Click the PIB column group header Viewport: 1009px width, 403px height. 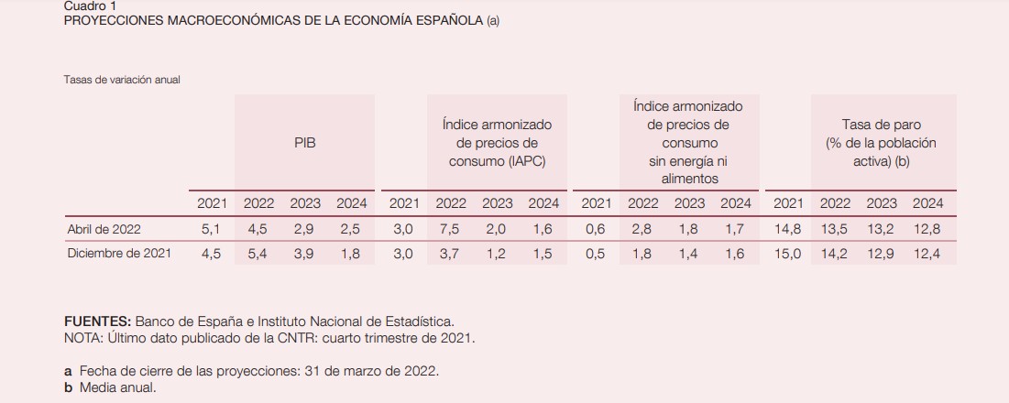[x=304, y=143]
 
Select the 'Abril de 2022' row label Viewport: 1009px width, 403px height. [x=104, y=229]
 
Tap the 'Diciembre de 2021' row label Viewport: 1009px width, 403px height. [x=119, y=254]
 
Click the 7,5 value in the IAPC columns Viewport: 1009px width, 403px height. [x=449, y=229]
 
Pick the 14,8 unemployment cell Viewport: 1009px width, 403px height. [x=787, y=229]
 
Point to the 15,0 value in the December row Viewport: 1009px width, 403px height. [x=787, y=254]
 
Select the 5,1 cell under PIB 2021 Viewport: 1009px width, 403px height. [x=211, y=229]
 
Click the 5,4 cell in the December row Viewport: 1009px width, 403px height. [x=258, y=254]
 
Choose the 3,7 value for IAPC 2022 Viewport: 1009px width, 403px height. [x=449, y=254]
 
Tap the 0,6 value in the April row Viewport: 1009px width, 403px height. [x=596, y=229]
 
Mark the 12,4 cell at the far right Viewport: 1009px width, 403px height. [x=927, y=254]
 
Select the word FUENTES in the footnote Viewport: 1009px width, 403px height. [x=97, y=321]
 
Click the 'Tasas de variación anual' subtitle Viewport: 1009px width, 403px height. [x=122, y=80]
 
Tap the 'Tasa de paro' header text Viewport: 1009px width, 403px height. [x=881, y=125]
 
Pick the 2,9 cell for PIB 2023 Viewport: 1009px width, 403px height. [x=304, y=229]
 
